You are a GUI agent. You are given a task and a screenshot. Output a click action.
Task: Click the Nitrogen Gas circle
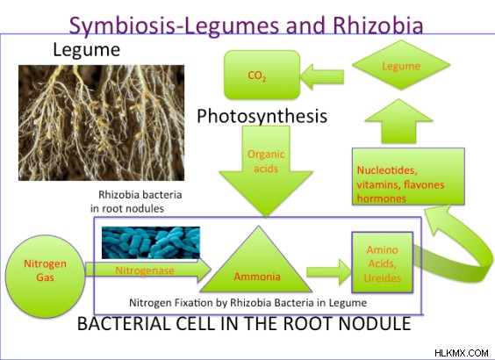click(x=45, y=277)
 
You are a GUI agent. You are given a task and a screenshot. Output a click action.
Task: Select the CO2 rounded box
click(x=262, y=75)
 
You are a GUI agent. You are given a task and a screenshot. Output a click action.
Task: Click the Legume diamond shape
click(x=401, y=65)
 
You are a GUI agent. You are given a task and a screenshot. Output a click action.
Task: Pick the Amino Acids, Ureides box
click(x=383, y=263)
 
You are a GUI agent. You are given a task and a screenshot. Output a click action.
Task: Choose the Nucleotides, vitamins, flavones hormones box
click(x=408, y=176)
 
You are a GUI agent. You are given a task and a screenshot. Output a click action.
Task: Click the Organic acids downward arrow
click(x=266, y=168)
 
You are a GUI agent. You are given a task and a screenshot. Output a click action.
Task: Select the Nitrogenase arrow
click(x=147, y=270)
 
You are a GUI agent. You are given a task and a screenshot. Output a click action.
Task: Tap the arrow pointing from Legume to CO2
click(x=322, y=76)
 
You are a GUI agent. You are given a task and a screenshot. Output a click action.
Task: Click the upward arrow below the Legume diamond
click(x=398, y=121)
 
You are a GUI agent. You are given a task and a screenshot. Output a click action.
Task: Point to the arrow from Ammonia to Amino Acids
click(x=329, y=271)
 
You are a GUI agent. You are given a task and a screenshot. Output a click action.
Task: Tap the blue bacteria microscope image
click(x=151, y=243)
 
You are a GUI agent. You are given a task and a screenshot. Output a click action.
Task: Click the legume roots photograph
click(x=101, y=123)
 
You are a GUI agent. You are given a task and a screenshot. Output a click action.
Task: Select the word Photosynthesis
click(x=262, y=116)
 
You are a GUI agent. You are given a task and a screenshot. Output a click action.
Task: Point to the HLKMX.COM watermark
click(x=462, y=353)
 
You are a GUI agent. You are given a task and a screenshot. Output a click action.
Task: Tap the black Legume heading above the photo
click(x=87, y=50)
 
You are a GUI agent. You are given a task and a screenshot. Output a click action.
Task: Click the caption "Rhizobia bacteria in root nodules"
click(x=136, y=201)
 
